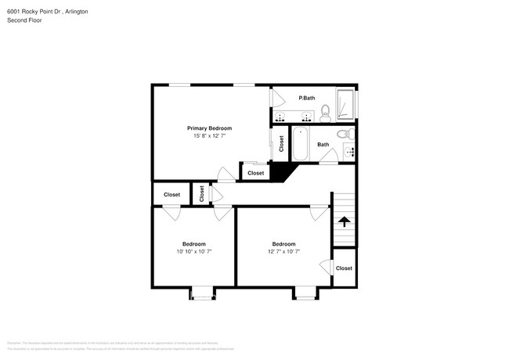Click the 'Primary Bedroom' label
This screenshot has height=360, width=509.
coord(209,128)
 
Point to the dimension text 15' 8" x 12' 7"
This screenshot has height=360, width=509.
coord(209,136)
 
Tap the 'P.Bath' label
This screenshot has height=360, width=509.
coord(306,98)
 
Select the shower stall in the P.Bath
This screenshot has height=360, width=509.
coord(346,106)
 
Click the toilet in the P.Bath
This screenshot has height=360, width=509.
coord(325,116)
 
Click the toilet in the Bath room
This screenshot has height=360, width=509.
coord(341,135)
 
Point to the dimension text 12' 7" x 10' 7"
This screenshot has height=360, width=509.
coord(283,251)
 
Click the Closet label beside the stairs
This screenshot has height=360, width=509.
coord(344,268)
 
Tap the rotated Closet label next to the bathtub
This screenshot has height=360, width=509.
coord(282,144)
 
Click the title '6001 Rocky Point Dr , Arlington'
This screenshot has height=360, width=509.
coord(49,12)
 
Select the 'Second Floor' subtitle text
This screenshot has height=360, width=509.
coord(25,20)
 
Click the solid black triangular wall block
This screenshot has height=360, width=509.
coord(279,171)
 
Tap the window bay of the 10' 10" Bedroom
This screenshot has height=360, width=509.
coord(202,293)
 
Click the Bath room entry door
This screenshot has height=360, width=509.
coord(328,158)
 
